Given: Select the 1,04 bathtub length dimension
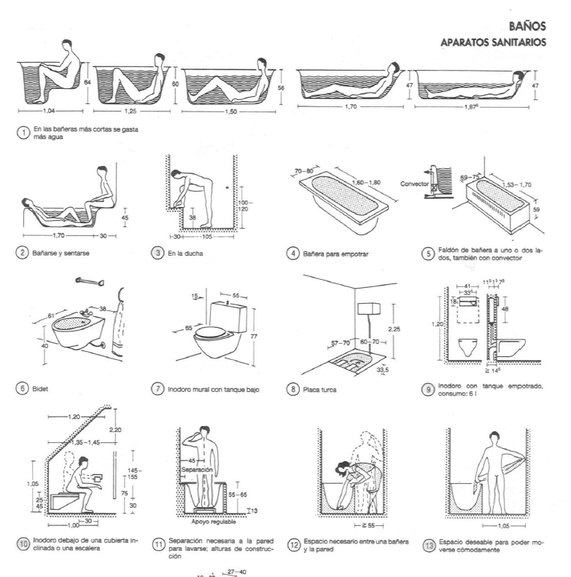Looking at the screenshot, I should click(x=50, y=113).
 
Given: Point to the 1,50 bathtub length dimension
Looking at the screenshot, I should click(x=228, y=113).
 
